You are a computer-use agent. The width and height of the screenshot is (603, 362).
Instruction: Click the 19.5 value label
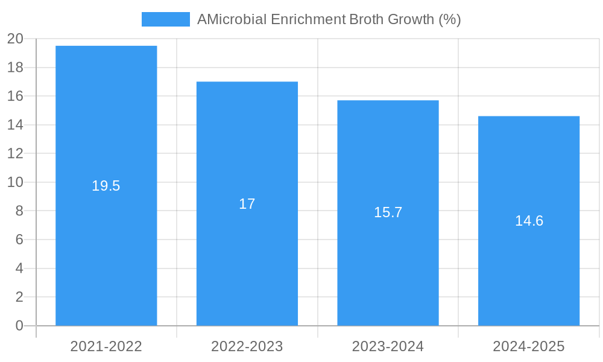point(106,186)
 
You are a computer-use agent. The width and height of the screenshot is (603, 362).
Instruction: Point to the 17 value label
point(247,204)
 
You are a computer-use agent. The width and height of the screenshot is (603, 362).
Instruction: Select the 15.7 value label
point(388,212)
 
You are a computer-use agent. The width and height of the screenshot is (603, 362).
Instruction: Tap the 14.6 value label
point(529,221)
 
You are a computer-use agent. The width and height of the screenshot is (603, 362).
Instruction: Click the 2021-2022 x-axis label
point(106,346)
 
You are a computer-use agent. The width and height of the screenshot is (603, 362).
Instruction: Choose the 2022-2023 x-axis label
point(247,346)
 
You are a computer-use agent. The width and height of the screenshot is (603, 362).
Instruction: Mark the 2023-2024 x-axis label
point(388,346)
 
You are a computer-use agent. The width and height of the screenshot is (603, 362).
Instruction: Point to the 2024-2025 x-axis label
point(529,346)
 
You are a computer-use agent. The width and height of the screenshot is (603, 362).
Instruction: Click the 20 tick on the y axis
point(15,39)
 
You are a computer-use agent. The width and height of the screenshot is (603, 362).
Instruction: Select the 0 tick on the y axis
point(19,326)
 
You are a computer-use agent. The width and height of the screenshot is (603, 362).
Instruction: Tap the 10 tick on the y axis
point(15,182)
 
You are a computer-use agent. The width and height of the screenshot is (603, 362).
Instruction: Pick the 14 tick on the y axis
point(15,125)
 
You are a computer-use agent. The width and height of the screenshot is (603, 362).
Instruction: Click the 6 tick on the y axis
point(19,240)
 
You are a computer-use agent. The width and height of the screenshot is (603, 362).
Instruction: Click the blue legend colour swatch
point(165,19)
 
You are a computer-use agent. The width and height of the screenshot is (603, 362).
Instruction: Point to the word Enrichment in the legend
point(308,19)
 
